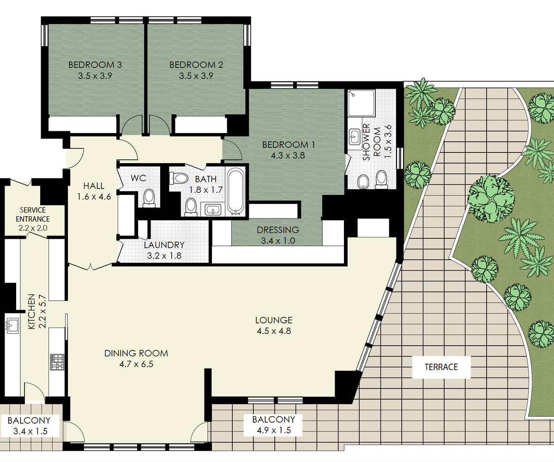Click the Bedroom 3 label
[x=95, y=65]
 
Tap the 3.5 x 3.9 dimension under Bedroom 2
[x=196, y=76]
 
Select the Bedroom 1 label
[x=289, y=145]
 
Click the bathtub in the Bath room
[x=236, y=191]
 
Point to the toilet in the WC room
[x=149, y=198]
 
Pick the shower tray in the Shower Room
[x=361, y=103]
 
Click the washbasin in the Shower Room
[x=355, y=136]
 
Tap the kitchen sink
[x=12, y=326]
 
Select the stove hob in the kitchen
[x=57, y=362]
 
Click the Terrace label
[x=441, y=367]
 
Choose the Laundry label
[x=164, y=245]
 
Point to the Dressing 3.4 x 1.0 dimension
[x=278, y=241]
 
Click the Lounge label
[x=274, y=320]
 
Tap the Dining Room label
[x=136, y=353]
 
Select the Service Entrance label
[x=33, y=214]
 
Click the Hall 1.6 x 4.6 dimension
[x=94, y=197]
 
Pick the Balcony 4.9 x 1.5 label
[x=274, y=425]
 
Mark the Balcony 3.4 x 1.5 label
[x=29, y=426]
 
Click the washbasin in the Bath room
[x=213, y=210]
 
